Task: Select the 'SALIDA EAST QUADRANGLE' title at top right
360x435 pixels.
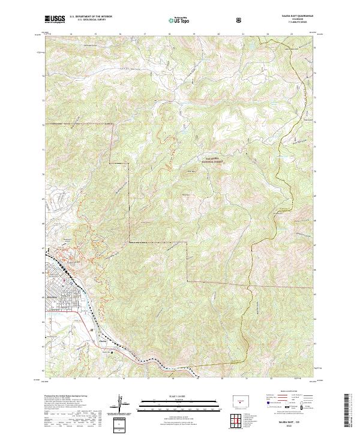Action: point(292,17)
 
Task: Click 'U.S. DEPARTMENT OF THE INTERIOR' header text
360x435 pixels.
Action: point(95,17)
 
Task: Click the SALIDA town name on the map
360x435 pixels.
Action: point(53,296)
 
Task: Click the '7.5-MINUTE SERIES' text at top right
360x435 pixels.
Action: point(292,23)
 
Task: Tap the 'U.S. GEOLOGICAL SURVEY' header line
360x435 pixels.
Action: point(89,21)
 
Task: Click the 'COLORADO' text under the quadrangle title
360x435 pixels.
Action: point(292,20)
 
